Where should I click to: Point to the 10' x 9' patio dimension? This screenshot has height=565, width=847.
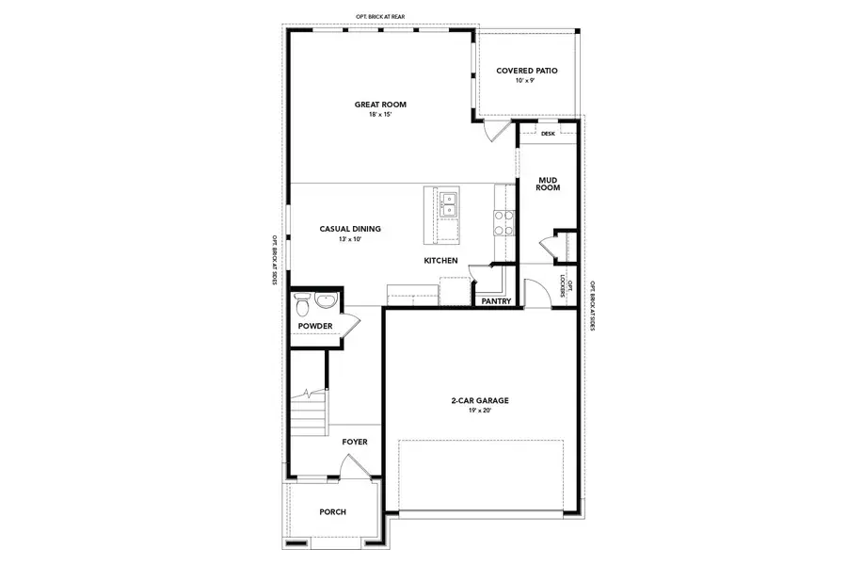click(x=525, y=81)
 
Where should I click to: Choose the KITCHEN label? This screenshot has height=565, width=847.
click(x=440, y=260)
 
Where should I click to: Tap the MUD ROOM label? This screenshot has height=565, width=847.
click(x=548, y=183)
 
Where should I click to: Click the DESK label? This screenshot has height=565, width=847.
click(x=548, y=134)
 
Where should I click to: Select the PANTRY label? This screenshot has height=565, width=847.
click(x=495, y=302)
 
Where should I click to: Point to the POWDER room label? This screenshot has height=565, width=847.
click(x=315, y=326)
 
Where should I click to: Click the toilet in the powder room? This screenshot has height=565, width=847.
click(x=302, y=305)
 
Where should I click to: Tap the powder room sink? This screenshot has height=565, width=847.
click(x=326, y=302)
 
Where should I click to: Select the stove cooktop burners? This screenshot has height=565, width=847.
click(x=503, y=222)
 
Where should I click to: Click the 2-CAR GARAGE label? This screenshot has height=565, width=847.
click(x=480, y=400)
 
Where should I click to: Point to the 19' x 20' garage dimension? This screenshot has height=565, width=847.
click(x=480, y=411)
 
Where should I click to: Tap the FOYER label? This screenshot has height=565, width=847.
click(x=355, y=441)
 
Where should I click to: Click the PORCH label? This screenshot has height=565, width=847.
click(x=332, y=512)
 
